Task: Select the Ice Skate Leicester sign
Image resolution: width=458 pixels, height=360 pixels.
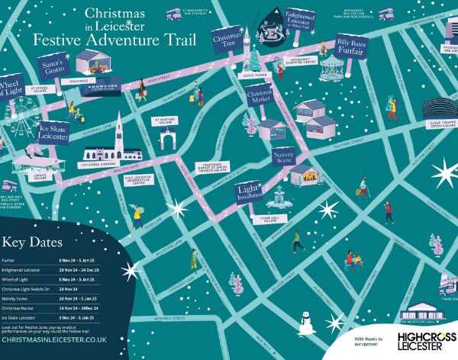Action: [53, 135]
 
